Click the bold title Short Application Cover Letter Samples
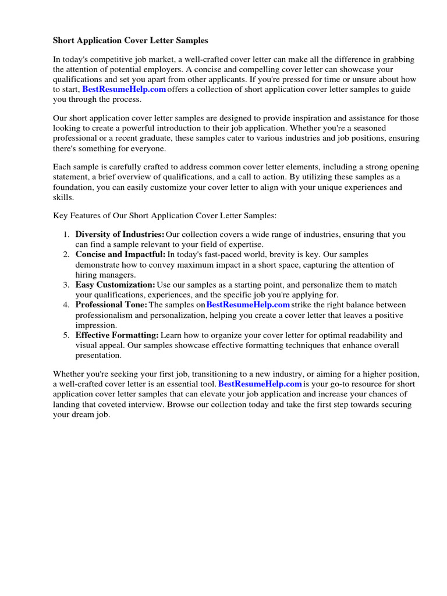pyautogui.click(x=130, y=41)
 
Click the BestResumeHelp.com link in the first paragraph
pyautogui.click(x=124, y=89)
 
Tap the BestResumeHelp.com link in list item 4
pyautogui.click(x=248, y=305)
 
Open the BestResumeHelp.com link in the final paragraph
pyautogui.click(x=260, y=384)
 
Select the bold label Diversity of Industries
pyautogui.click(x=120, y=235)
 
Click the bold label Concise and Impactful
pyautogui.click(x=120, y=255)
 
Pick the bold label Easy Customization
pyautogui.click(x=115, y=285)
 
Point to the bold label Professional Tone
pyautogui.click(x=111, y=305)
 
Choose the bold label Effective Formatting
pyautogui.click(x=117, y=335)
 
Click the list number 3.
pyautogui.click(x=66, y=285)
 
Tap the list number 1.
pyautogui.click(x=66, y=235)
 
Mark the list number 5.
pyautogui.click(x=66, y=335)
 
